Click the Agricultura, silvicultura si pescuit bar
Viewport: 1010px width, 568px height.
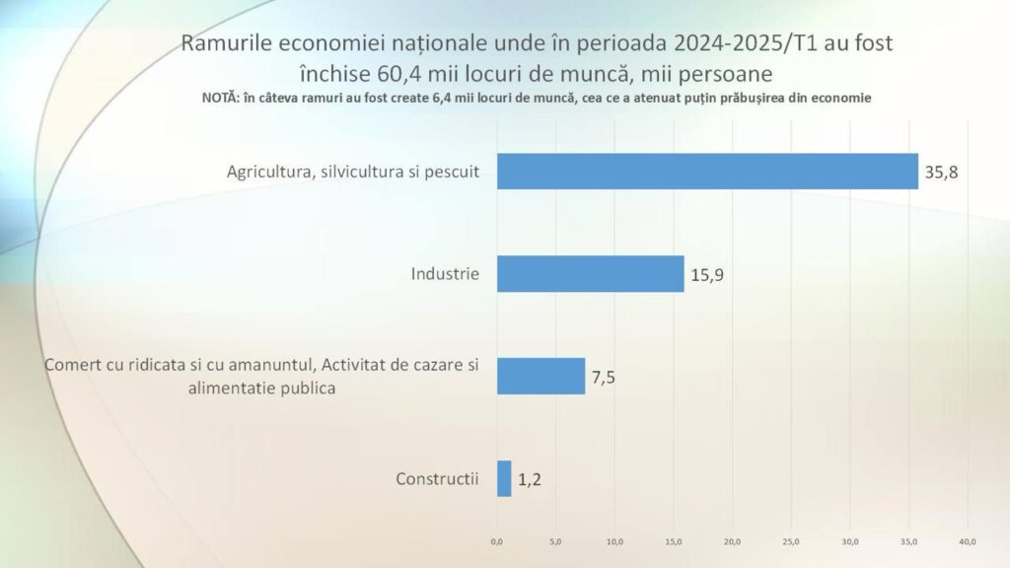click(x=707, y=172)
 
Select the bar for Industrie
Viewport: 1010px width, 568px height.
click(x=590, y=274)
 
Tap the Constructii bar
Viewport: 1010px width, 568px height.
click(x=504, y=478)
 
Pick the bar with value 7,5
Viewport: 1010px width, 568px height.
click(x=541, y=376)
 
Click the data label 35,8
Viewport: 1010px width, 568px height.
click(x=941, y=173)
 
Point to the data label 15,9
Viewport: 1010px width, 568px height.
click(x=707, y=275)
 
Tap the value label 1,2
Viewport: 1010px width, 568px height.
click(x=530, y=480)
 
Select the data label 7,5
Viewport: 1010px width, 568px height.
click(x=604, y=378)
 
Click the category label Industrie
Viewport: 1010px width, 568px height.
click(x=445, y=274)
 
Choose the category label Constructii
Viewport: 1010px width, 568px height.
click(x=437, y=479)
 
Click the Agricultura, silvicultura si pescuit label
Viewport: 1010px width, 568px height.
click(x=353, y=172)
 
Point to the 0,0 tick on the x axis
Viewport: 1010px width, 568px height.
click(x=497, y=541)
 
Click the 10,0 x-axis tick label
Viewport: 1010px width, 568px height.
click(x=614, y=541)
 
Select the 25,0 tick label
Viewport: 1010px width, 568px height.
click(x=791, y=541)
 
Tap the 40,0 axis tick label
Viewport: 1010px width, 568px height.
click(x=968, y=541)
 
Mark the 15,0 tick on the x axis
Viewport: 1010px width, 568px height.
click(x=673, y=541)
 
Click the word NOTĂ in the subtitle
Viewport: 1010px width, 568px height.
click(x=220, y=98)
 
